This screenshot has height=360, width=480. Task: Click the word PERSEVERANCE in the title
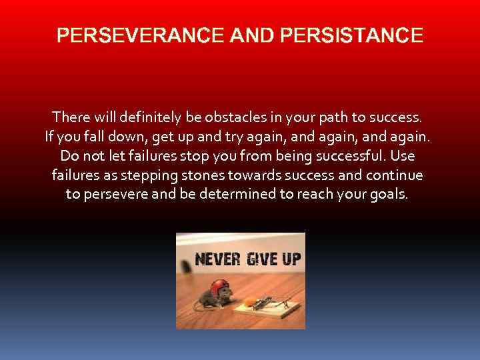(x=141, y=35)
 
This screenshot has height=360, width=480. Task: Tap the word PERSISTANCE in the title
(x=352, y=35)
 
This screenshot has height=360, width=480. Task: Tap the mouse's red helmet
(x=219, y=287)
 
